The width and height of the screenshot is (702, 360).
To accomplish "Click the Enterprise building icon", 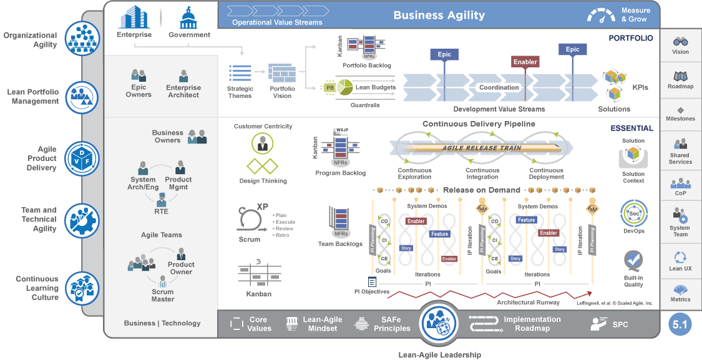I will click(x=134, y=17).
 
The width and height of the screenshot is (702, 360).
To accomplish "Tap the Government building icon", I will click(x=189, y=17).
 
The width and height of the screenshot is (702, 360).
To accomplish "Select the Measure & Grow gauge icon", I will click(x=601, y=16).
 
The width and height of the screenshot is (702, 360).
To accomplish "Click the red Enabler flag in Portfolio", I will click(x=525, y=62).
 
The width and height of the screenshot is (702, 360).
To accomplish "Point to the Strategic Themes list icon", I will click(x=240, y=74).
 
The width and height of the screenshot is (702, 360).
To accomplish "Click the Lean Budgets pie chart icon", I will click(x=346, y=87).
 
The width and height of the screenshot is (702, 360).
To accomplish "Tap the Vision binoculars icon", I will click(x=680, y=41).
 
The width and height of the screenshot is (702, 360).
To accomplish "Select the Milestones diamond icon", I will click(x=680, y=109).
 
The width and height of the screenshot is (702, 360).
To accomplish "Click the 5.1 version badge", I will click(x=680, y=324).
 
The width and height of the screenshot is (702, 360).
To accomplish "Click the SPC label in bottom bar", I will click(x=620, y=324).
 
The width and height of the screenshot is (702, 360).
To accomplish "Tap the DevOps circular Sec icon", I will click(x=633, y=213).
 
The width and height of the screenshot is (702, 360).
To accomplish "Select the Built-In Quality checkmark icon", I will click(x=633, y=259).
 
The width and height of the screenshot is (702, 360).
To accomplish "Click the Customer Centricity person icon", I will click(x=263, y=144).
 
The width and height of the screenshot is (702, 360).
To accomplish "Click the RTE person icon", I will click(x=162, y=199).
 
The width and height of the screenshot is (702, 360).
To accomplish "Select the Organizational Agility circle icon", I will click(x=82, y=38).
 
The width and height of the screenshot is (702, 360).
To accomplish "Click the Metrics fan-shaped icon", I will click(x=680, y=289).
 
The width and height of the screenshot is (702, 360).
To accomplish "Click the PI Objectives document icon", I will click(x=373, y=282).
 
